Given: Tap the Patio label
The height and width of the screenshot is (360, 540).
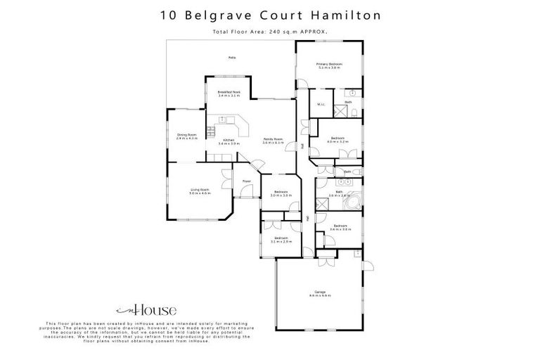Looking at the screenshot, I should [x=231, y=58].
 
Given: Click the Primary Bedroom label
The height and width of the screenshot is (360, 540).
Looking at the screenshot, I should [x=330, y=65].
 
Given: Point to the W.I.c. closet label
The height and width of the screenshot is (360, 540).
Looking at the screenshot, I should [x=320, y=105].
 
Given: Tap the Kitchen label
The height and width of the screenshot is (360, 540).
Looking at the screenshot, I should [x=229, y=140].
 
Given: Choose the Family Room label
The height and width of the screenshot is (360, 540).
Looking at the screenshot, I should [x=273, y=139].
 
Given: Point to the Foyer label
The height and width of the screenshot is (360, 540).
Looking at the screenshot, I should [x=247, y=181].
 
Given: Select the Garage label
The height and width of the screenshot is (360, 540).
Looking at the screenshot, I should [x=320, y=292].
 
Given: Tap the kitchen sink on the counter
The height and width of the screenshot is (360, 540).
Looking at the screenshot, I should [x=221, y=120].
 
